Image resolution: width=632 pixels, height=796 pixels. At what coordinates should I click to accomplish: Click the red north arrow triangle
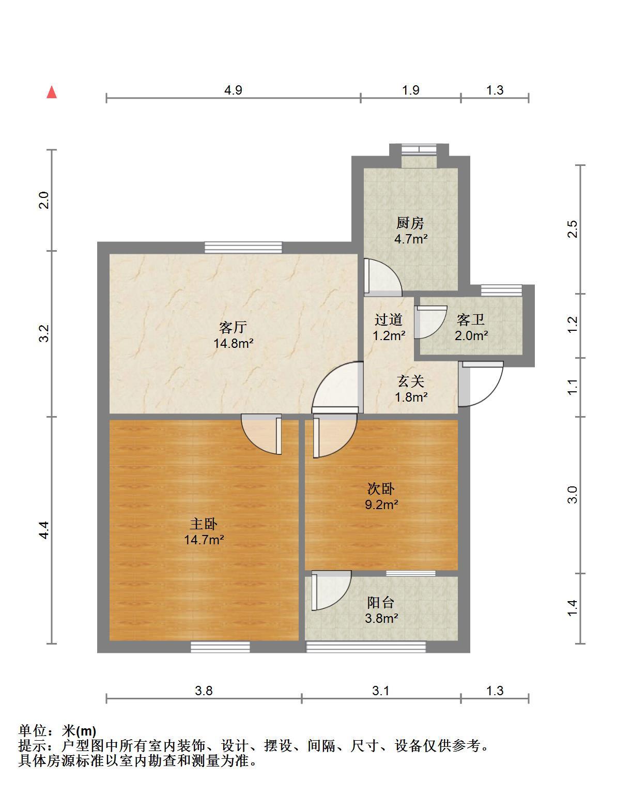51,92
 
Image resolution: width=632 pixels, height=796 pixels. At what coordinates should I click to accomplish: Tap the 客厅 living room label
233,327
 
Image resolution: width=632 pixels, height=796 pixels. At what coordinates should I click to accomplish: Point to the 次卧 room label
380,488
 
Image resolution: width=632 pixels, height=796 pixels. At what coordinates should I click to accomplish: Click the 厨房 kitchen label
410,223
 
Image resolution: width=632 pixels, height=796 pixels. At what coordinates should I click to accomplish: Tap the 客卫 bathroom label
470,319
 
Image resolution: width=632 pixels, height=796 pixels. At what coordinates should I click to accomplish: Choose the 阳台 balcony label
380,603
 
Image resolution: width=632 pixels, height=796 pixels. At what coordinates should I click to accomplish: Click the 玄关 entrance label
410,381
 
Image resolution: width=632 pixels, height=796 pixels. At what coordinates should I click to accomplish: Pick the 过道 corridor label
388,319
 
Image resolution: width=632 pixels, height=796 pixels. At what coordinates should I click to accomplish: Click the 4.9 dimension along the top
233,90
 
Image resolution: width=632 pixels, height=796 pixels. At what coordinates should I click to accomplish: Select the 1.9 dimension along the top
410,90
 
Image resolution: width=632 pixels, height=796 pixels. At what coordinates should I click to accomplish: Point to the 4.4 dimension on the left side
44,530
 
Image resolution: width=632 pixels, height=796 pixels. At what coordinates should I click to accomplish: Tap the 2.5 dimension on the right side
572,229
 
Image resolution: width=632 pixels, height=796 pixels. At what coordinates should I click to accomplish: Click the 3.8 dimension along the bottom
204,691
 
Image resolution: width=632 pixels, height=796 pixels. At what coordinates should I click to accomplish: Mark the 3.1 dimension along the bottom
380,691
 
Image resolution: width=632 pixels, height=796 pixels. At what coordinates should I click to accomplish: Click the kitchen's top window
419,149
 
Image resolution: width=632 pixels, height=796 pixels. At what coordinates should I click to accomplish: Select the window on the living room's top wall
243,247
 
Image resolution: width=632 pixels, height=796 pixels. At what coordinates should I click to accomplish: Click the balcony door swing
331,590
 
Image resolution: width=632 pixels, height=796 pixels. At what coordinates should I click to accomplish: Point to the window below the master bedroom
220,647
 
